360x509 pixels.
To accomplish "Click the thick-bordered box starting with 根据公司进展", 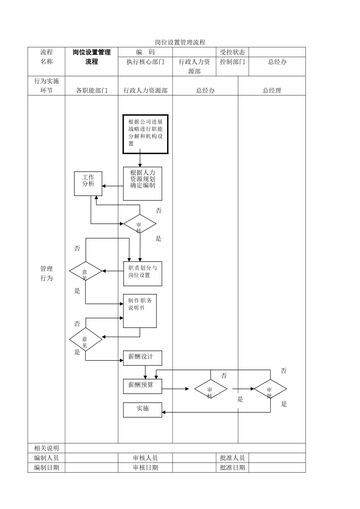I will pyautogui.click(x=146, y=134).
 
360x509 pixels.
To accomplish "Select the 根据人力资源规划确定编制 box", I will pyautogui.click(x=142, y=183).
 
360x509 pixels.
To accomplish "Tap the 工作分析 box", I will pyautogui.click(x=88, y=184).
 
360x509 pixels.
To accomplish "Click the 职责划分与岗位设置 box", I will pyautogui.click(x=142, y=273).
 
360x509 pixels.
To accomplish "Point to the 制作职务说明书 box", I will pyautogui.click(x=140, y=311).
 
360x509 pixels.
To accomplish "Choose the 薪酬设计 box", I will pyautogui.click(x=142, y=358).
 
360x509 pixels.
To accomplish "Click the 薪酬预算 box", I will pyautogui.click(x=142, y=386).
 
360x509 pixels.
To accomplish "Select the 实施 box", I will pyautogui.click(x=142, y=410).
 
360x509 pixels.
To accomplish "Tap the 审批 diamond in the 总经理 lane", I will pyautogui.click(x=270, y=389).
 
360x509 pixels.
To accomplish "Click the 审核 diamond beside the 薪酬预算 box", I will pyautogui.click(x=211, y=389).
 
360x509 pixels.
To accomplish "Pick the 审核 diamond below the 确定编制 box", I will pyautogui.click(x=139, y=224).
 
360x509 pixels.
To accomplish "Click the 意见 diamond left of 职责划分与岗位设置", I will pyautogui.click(x=86, y=271).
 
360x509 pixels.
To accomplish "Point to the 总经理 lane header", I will pyautogui.click(x=272, y=91).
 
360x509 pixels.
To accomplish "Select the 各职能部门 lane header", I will pyautogui.click(x=91, y=91).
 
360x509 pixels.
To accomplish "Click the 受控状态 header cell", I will pyautogui.click(x=232, y=52).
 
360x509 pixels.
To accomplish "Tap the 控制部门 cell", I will pyautogui.click(x=232, y=62).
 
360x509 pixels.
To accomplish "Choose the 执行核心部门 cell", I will pyautogui.click(x=145, y=62).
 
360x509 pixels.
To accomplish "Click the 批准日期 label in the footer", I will pyautogui.click(x=232, y=467).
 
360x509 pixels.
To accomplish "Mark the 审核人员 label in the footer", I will pyautogui.click(x=145, y=458).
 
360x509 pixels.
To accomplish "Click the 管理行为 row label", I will pyautogui.click(x=46, y=273).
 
